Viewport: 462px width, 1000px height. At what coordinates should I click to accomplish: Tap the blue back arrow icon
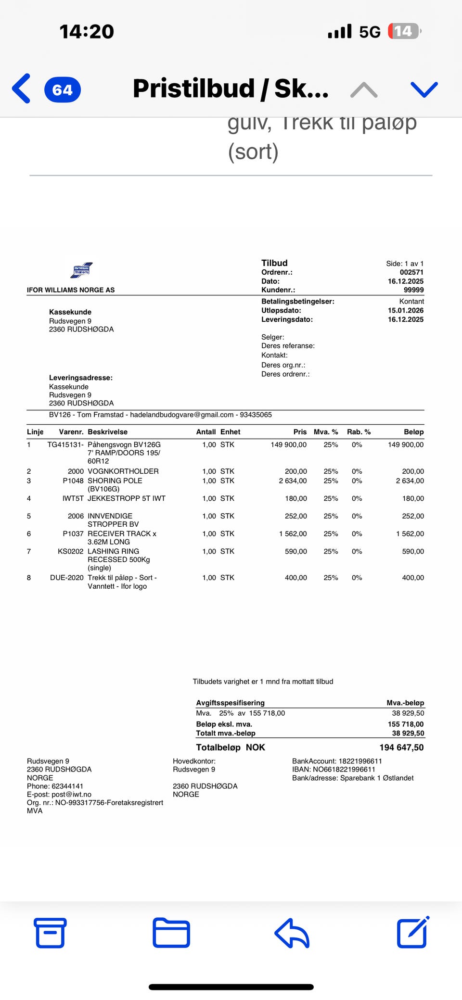(x=22, y=89)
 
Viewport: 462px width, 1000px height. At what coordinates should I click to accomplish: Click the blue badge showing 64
(x=63, y=89)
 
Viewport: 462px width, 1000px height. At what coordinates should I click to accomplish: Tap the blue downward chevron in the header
(x=424, y=89)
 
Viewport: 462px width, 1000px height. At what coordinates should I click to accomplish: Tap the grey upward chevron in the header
(x=364, y=89)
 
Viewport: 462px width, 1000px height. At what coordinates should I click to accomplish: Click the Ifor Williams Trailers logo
(x=81, y=270)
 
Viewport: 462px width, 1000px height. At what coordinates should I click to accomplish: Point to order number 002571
(x=411, y=272)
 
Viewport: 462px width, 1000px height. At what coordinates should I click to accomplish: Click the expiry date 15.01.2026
(x=406, y=310)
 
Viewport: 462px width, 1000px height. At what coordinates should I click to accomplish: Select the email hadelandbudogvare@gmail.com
(x=181, y=415)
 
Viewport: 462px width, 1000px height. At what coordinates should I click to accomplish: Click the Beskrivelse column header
(x=107, y=432)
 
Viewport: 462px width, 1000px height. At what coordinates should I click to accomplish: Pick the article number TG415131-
(x=65, y=444)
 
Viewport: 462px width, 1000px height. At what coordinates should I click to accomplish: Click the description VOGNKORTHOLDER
(x=123, y=471)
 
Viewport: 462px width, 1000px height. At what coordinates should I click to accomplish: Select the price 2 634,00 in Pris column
(x=293, y=481)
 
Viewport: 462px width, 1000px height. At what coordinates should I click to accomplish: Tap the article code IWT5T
(x=73, y=498)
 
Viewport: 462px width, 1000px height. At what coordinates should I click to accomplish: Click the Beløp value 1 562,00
(x=410, y=533)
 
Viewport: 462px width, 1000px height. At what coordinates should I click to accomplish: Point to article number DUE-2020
(x=66, y=577)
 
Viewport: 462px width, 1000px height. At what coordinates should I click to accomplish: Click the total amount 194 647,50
(x=401, y=747)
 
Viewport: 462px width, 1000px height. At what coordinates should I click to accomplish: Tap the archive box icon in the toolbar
(x=50, y=933)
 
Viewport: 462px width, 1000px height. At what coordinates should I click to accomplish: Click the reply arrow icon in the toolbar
(x=292, y=933)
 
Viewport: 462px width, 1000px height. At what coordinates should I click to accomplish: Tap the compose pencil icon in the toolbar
(x=412, y=932)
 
